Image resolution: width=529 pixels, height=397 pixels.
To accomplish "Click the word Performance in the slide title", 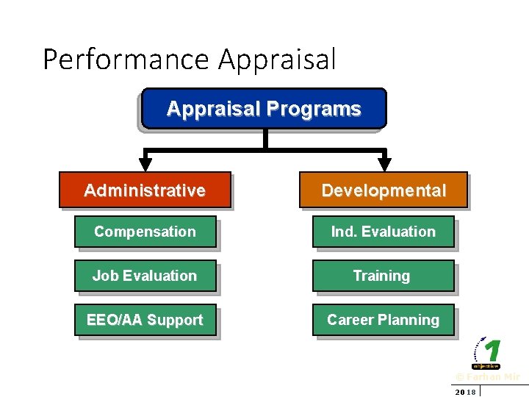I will [x=126, y=59].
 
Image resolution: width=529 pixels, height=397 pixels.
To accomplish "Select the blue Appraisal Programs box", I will [x=264, y=109].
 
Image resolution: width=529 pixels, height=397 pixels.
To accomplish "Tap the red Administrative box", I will [x=145, y=190].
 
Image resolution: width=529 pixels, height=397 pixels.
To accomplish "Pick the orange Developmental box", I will [x=384, y=190].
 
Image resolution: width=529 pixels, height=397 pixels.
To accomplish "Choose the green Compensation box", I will [x=145, y=232].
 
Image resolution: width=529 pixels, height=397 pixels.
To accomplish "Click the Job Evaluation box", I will [x=145, y=276].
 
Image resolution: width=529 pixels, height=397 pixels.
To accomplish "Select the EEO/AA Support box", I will [x=145, y=320].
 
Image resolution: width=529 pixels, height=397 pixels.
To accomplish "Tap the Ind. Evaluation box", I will [x=384, y=232].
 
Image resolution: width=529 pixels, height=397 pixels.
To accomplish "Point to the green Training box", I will [x=384, y=276].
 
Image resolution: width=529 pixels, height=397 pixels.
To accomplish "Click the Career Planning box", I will [x=384, y=320].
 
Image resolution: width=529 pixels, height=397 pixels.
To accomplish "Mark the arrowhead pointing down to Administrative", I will [x=146, y=164].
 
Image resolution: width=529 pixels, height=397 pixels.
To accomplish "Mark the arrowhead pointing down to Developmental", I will [x=384, y=164].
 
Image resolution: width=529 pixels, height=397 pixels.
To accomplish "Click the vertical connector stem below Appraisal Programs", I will [x=264, y=140].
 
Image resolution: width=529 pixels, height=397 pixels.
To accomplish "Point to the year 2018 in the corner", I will [x=465, y=392].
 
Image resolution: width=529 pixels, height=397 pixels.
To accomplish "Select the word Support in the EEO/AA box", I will [x=175, y=320].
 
